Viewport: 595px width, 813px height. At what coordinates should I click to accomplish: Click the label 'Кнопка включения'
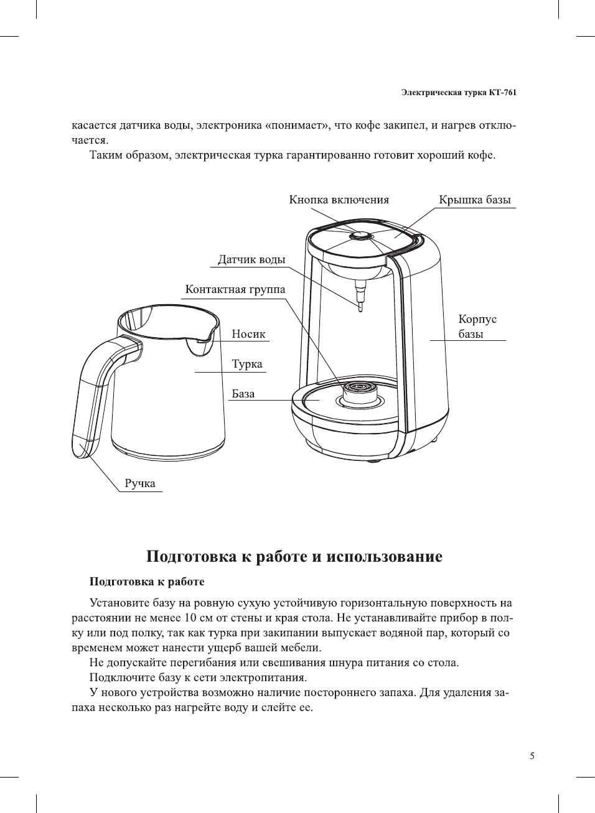click(339, 200)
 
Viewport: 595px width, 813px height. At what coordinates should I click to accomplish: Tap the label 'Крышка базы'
click(474, 200)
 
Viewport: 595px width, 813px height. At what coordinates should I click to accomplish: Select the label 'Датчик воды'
click(251, 259)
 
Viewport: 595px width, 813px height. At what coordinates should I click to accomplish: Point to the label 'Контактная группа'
click(235, 289)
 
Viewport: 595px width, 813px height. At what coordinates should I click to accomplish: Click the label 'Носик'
click(248, 334)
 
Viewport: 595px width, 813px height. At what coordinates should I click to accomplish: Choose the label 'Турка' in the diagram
click(247, 364)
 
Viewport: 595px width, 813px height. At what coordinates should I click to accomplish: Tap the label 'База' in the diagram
click(243, 394)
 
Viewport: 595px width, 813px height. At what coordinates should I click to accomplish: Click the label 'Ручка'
click(140, 483)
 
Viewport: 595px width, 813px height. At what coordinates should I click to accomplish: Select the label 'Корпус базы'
click(477, 327)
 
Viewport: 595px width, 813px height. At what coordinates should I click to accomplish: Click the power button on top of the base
click(362, 236)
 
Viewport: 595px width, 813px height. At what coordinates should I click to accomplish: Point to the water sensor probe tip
click(360, 306)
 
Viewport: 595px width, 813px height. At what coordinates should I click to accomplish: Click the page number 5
click(532, 756)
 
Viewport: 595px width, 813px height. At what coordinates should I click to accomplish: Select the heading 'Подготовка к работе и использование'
click(294, 556)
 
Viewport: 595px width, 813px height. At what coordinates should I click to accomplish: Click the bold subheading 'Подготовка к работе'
click(147, 582)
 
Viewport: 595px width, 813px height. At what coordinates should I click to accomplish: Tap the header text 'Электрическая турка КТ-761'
click(458, 93)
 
